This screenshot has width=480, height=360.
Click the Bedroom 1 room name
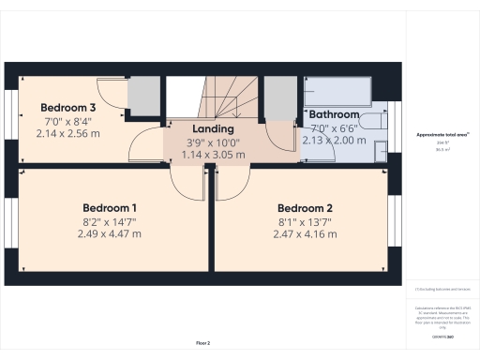[x=110, y=207]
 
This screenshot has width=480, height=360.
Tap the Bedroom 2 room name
[x=305, y=208]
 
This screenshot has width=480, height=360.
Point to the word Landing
[x=213, y=128]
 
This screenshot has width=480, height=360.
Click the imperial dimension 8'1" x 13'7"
[x=305, y=221]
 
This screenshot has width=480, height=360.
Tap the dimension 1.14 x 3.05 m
[x=213, y=155]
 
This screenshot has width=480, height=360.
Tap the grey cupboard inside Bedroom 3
[x=143, y=96]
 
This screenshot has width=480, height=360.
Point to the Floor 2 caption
[x=203, y=343]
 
